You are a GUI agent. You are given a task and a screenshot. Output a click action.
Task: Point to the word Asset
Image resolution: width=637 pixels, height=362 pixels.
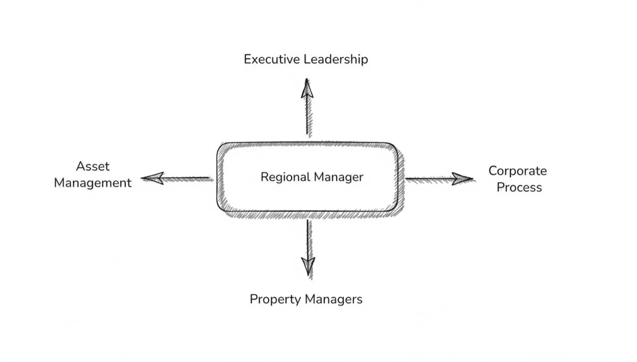point(93,166)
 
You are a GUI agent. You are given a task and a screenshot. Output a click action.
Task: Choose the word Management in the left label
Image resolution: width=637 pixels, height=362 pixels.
point(93,183)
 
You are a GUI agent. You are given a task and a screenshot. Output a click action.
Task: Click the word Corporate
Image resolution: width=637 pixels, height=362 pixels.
point(518,171)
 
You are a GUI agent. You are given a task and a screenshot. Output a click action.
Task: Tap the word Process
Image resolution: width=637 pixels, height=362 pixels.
point(519,187)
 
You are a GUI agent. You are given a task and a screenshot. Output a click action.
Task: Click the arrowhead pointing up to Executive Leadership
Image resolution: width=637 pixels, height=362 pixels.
point(307,89)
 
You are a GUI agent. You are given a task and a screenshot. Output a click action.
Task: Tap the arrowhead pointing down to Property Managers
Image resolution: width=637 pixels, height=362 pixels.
point(308,266)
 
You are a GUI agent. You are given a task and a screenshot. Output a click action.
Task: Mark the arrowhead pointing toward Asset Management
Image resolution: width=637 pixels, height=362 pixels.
point(153,178)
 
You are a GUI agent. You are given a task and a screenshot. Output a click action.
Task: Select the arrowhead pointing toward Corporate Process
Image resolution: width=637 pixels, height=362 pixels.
point(462,179)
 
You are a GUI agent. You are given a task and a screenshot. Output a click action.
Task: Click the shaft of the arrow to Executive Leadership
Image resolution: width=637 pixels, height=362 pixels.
point(307,117)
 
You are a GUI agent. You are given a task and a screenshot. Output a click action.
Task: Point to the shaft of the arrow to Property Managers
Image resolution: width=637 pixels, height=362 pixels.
point(308,238)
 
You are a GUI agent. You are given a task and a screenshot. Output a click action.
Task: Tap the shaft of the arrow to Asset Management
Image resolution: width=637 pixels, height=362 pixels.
point(187,178)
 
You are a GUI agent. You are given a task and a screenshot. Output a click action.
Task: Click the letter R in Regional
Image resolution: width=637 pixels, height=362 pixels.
point(264,177)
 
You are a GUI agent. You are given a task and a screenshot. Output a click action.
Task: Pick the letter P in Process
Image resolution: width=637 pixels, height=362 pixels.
point(500,187)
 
